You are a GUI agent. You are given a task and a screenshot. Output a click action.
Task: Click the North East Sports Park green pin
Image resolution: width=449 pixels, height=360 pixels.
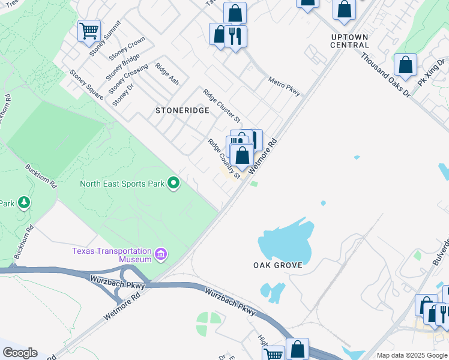[174, 182]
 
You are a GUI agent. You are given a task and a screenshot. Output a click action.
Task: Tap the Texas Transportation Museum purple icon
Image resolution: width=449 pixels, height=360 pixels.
[160, 255]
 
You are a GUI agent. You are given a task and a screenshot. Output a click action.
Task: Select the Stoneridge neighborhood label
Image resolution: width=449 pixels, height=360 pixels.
[182, 110]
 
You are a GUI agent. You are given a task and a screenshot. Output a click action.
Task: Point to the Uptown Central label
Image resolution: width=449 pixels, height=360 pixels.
[349, 41]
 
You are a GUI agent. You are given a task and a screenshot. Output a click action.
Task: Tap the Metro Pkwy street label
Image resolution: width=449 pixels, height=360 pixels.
[284, 86]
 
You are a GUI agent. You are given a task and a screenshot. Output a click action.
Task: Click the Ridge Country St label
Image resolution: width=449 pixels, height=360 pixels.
[224, 158]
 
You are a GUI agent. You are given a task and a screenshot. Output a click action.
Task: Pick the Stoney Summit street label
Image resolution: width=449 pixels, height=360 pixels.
[106, 37]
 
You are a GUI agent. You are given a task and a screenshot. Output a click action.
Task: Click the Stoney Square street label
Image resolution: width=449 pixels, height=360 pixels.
[86, 84]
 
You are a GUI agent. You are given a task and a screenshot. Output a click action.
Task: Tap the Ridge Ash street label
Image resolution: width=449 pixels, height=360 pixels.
[167, 73]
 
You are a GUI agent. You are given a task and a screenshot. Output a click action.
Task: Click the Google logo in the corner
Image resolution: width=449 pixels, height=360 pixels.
[20, 353]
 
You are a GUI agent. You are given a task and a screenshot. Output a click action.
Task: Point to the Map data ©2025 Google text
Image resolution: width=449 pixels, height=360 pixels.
[412, 355]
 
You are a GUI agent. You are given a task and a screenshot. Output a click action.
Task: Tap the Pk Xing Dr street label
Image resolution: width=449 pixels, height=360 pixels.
[432, 72]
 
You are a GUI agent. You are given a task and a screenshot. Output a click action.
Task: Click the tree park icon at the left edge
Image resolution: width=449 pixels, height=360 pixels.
[24, 203]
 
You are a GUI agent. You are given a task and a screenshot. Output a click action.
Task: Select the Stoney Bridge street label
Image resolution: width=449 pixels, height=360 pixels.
[122, 67]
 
